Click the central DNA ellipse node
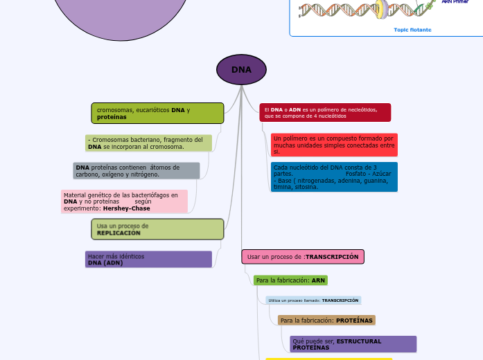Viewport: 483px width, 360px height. pyautogui.click(x=241, y=70)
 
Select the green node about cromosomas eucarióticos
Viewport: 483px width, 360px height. pyautogui.click(x=157, y=114)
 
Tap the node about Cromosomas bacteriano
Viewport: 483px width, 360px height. pyautogui.click(x=149, y=143)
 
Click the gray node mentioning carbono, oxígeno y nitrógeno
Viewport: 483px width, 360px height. pyautogui.click(x=137, y=171)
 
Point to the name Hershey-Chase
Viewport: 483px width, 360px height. pyautogui.click(x=126, y=208)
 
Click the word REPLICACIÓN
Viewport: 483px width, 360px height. pyautogui.click(x=118, y=233)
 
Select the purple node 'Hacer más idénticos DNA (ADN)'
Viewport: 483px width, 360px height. pyautogui.click(x=148, y=260)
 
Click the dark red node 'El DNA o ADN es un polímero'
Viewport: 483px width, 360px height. pyautogui.click(x=325, y=113)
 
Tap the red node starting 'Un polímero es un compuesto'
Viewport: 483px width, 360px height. pyautogui.click(x=334, y=145)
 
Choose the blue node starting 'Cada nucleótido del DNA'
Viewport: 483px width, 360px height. pyautogui.click(x=334, y=177)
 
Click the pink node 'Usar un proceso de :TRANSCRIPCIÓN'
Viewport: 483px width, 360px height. pyautogui.click(x=303, y=257)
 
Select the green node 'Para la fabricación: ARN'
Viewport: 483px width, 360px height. pyautogui.click(x=290, y=280)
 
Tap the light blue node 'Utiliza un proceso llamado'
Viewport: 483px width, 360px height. pyautogui.click(x=313, y=300)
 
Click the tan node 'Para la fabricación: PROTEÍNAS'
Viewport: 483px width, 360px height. pyautogui.click(x=326, y=321)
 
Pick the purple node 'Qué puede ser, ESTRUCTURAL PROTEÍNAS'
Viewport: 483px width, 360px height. pyautogui.click(x=353, y=344)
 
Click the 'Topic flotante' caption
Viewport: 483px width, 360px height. pyautogui.click(x=412, y=30)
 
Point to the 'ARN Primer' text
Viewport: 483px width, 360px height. pyautogui.click(x=455, y=2)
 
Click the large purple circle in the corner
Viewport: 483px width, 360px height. pyautogui.click(x=121, y=14)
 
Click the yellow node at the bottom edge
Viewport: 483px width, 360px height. pyautogui.click(x=328, y=359)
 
